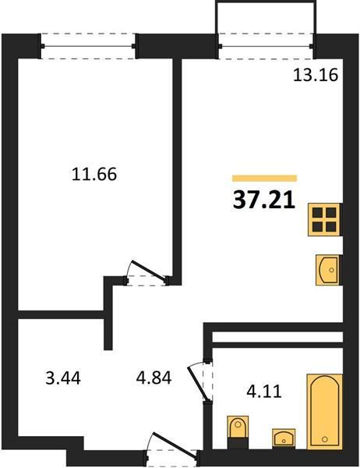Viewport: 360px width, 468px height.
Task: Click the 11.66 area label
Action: [94, 174]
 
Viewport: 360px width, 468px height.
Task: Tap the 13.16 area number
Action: [316, 75]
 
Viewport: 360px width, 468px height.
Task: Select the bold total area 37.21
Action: [264, 200]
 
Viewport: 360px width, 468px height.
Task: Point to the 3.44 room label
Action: [63, 378]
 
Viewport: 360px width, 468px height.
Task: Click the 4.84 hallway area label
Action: [154, 378]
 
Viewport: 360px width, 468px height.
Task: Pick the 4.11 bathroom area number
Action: [264, 392]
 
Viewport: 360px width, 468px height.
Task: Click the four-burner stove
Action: [325, 220]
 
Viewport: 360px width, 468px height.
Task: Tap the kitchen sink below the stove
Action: [329, 270]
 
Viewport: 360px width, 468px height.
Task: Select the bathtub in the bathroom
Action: [325, 406]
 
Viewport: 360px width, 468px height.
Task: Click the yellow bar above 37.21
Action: [265, 178]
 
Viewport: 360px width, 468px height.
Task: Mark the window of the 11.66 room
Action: [89, 46]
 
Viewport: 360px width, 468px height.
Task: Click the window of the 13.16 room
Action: [266, 46]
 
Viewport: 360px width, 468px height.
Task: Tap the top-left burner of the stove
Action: [317, 212]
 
